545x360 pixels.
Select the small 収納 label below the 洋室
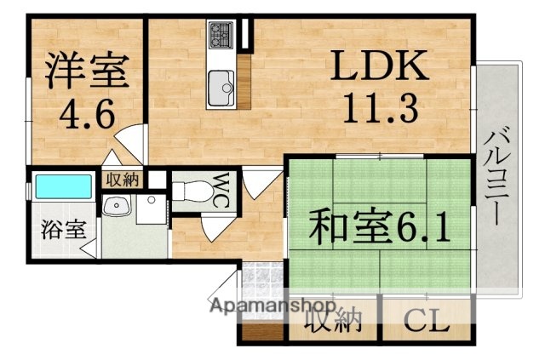click(122, 180)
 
